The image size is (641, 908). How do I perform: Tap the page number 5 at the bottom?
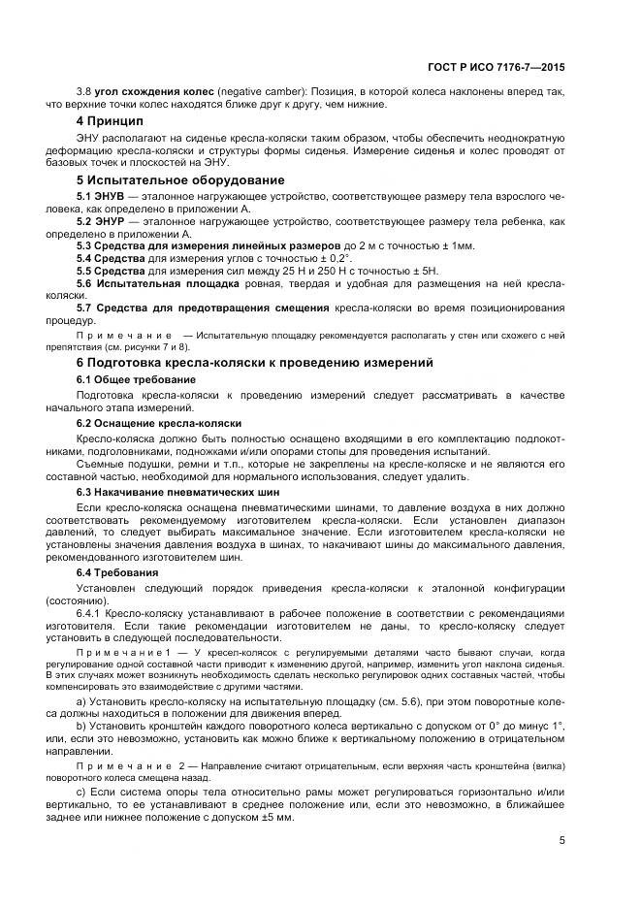(x=562, y=840)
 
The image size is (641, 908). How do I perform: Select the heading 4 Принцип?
(x=110, y=121)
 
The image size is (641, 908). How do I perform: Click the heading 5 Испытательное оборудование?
(x=180, y=179)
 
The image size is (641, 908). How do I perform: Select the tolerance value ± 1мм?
(x=454, y=246)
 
